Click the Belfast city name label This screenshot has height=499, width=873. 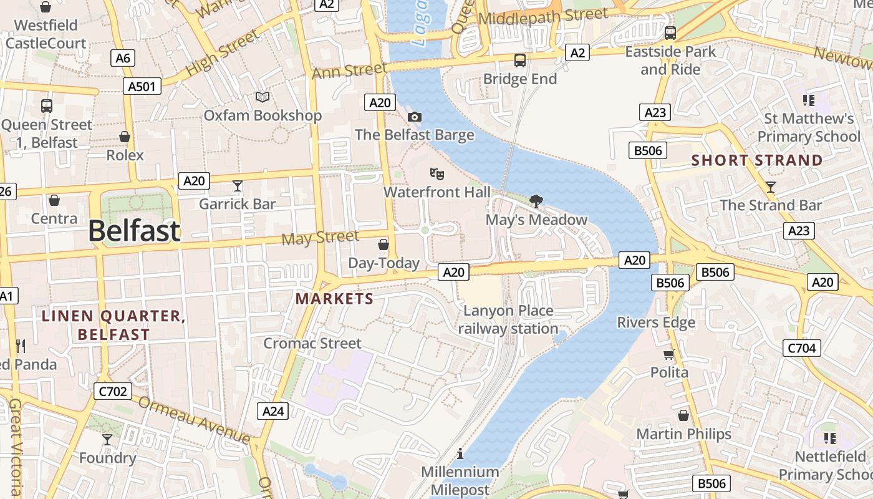[134, 231]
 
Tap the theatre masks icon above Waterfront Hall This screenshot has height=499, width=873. [436, 174]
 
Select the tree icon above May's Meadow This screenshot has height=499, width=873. [535, 201]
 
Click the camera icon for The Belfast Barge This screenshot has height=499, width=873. [414, 117]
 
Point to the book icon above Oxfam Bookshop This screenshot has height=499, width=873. [263, 97]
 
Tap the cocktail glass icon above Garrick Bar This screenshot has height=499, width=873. [237, 185]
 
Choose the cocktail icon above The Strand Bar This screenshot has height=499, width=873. [770, 187]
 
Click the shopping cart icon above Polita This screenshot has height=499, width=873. [669, 354]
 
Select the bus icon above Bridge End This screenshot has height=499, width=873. [519, 61]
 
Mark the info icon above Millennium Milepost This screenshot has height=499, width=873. [460, 453]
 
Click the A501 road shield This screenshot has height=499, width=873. [142, 86]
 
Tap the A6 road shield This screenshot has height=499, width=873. [123, 59]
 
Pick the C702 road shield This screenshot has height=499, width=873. [113, 392]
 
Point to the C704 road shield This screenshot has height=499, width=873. [802, 348]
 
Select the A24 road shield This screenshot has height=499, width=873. [273, 411]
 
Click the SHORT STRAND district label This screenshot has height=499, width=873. [757, 160]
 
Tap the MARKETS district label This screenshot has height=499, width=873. [335, 299]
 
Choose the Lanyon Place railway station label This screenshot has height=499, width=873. [508, 319]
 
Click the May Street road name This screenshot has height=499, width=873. [320, 238]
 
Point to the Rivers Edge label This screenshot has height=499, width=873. [656, 322]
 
